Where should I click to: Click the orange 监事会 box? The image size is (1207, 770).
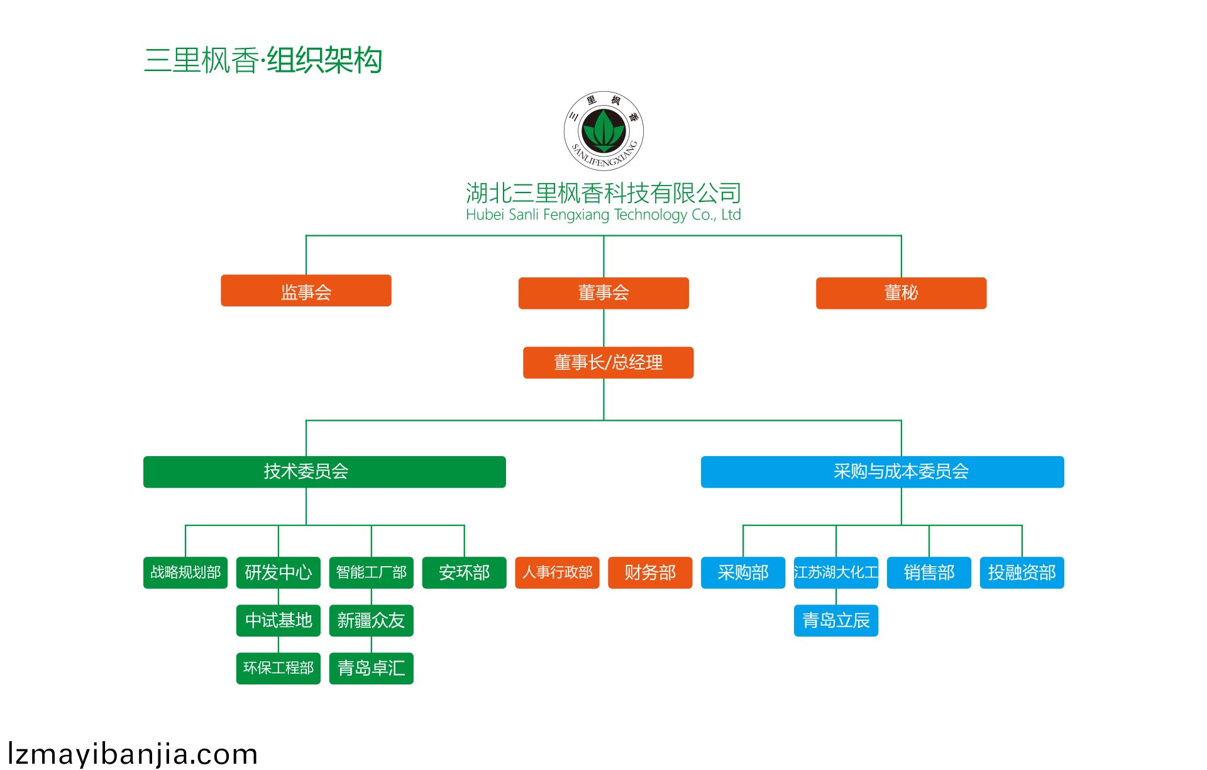[x=306, y=291]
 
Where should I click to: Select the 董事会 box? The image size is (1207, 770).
[x=603, y=293]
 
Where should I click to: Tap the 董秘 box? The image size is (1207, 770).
[x=901, y=293]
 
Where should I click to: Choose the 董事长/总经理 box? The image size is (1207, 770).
[x=608, y=362]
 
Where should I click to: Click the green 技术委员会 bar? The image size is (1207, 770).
[x=324, y=472]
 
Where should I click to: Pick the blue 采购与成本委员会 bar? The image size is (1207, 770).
[x=882, y=472]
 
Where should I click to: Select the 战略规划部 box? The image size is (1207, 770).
[x=185, y=572]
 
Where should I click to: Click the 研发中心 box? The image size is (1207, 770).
[x=278, y=572]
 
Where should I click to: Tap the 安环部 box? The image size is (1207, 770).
[x=464, y=572]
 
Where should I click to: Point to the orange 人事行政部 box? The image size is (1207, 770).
[x=557, y=572]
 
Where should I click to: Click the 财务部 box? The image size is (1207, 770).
[x=650, y=572]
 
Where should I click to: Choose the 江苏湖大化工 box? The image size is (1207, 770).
[x=835, y=572]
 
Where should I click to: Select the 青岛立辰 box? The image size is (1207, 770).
[x=835, y=621]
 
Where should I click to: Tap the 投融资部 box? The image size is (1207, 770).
[x=1022, y=572]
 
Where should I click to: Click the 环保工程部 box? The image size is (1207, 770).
[x=278, y=668]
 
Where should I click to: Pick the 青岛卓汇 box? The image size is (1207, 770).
[x=372, y=668]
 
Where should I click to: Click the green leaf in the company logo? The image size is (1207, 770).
[x=603, y=130]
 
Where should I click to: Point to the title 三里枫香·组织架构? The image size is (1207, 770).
[x=263, y=60]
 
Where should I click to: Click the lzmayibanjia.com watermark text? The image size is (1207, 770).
[x=133, y=754]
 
